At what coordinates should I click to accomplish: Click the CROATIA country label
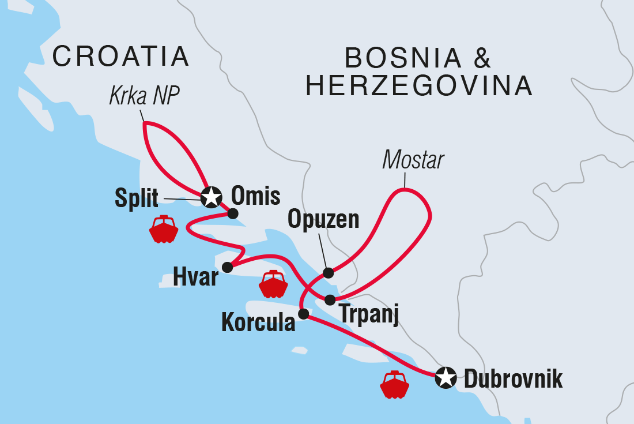pos(120,57)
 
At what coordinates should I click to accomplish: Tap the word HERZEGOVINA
pos(419,87)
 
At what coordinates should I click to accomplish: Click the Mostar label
pos(413,161)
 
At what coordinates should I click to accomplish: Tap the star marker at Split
pos(212,197)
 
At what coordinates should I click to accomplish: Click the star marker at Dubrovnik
pos(445,378)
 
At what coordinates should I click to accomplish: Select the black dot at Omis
pos(233,213)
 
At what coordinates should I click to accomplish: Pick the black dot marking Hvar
pos(227,267)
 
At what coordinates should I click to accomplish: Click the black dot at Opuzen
pos(328,273)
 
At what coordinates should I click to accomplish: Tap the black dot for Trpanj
pos(330,300)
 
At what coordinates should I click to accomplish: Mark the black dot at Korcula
pos(303,314)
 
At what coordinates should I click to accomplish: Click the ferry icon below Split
pos(164,229)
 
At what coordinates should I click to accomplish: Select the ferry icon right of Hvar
pos(273,284)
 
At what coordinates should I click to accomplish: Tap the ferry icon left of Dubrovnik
pos(395,384)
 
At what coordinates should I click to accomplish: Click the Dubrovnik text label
pos(513,380)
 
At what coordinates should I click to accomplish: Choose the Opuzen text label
pos(323,220)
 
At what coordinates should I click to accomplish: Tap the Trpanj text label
pos(368,315)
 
